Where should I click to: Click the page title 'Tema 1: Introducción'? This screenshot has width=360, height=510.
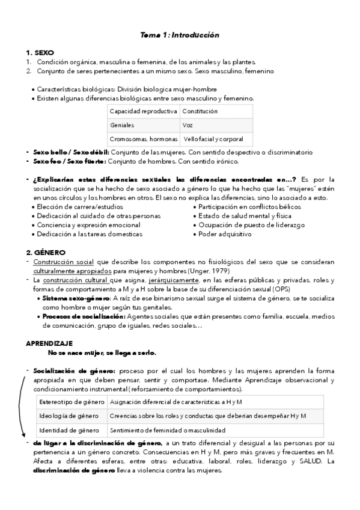coord(180,35)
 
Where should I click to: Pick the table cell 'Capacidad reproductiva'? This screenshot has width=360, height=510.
coord(143,112)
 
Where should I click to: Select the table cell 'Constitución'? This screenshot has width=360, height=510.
coord(200,112)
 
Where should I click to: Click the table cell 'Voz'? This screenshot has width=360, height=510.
coord(188,126)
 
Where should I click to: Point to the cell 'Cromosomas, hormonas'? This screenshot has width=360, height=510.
coord(143,140)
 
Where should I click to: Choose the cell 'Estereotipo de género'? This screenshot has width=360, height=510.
coord(69,401)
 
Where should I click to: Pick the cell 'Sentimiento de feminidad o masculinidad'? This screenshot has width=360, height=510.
coord(168,430)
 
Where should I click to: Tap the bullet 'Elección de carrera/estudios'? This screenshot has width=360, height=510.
coord(76,206)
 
